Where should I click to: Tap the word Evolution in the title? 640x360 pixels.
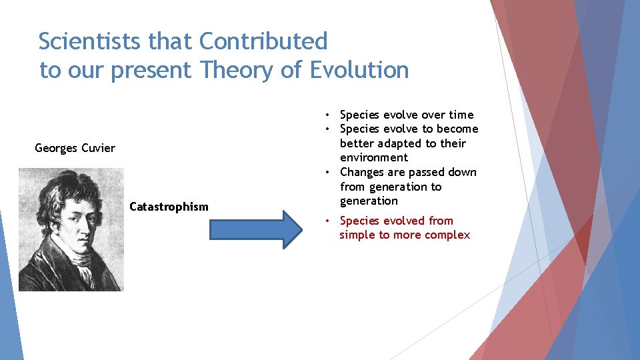click(x=359, y=69)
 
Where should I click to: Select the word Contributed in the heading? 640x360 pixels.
click(x=263, y=41)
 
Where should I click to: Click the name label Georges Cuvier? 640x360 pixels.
click(x=75, y=148)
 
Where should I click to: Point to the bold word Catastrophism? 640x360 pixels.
click(x=169, y=207)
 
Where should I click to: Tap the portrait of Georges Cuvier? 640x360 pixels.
click(x=71, y=229)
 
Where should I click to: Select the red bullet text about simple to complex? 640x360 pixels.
click(x=404, y=228)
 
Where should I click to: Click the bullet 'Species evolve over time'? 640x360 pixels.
click(x=407, y=115)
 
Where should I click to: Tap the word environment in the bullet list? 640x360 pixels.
click(x=373, y=158)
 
